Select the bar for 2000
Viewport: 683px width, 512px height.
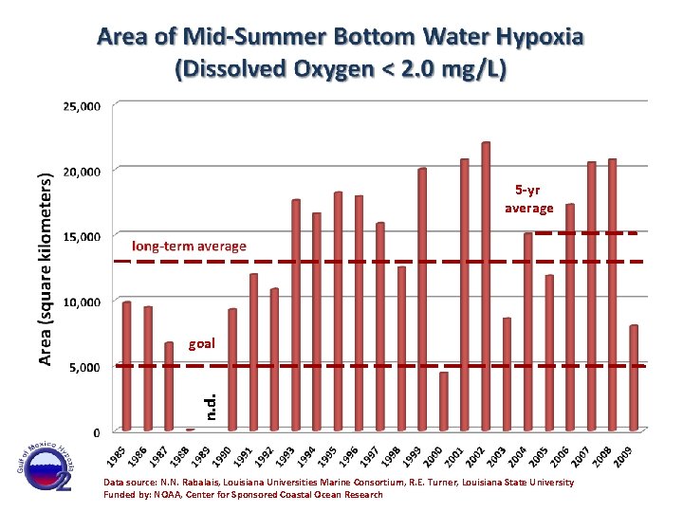pos(444,402)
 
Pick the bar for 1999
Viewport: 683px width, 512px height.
pos(422,300)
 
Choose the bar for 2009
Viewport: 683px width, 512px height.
pos(634,378)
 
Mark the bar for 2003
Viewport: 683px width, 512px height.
pos(507,375)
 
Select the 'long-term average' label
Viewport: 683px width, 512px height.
pos(189,247)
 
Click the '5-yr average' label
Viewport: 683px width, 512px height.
pos(528,199)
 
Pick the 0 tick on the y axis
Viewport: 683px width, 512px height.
pos(96,432)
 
